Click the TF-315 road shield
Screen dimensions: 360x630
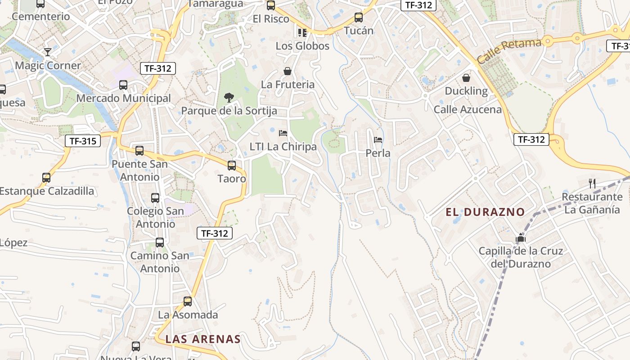[x=83, y=141]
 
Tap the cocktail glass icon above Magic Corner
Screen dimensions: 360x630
[x=47, y=52]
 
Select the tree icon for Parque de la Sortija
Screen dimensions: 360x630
[x=229, y=97]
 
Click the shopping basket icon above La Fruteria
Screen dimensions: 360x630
[x=288, y=71]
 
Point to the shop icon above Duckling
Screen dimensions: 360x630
[x=466, y=78]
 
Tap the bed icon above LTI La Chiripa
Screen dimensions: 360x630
[x=283, y=133]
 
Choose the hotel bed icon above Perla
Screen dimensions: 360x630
[x=378, y=139]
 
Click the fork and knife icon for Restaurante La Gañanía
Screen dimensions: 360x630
[x=592, y=183]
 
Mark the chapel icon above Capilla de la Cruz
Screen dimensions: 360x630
[x=521, y=237]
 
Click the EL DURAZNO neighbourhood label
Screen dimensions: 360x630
[x=486, y=212]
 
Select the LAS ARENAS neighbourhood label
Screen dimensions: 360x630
[x=203, y=339]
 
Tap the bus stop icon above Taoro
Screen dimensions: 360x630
[x=232, y=166]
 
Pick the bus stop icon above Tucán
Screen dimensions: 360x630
[x=359, y=18]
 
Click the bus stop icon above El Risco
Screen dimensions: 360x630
[x=271, y=5]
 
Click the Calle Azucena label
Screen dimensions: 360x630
[x=468, y=109]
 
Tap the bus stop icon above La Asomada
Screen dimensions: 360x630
[x=188, y=301]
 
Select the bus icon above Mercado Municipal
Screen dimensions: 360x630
[x=123, y=85]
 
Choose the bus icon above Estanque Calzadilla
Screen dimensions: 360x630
[x=46, y=178]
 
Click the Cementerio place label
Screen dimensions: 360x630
[x=41, y=17]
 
